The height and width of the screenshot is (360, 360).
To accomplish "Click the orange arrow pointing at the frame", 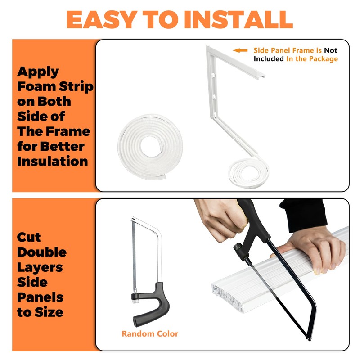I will (240, 51).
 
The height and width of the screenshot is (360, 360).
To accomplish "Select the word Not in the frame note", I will (331, 51).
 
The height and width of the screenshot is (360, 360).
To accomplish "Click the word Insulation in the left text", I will (53, 161).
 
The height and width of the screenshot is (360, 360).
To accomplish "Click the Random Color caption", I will (150, 334).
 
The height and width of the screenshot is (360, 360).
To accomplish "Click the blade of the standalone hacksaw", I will (134, 256).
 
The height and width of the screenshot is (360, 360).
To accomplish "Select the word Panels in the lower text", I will (40, 297).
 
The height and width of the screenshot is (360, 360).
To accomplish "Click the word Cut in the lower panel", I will (29, 237).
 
